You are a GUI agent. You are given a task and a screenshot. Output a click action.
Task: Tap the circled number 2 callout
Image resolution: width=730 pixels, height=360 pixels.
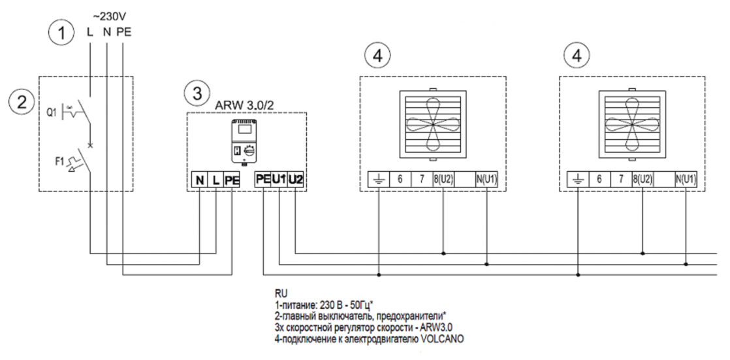coord(23,102)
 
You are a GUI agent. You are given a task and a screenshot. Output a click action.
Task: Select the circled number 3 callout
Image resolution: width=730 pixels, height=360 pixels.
coord(194,93)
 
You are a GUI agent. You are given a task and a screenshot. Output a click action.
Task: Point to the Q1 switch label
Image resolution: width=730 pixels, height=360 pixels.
coord(51,112)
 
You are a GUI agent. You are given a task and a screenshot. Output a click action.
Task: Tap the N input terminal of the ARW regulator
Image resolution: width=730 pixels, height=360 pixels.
coord(200,180)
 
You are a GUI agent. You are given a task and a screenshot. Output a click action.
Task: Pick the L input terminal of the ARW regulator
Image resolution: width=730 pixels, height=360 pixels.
coord(216,180)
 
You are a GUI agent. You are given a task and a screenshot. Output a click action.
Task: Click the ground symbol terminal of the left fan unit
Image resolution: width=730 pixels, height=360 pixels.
coord(379,180)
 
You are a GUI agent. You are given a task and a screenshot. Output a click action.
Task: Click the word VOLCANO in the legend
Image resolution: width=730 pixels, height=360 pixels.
coord(443,341)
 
